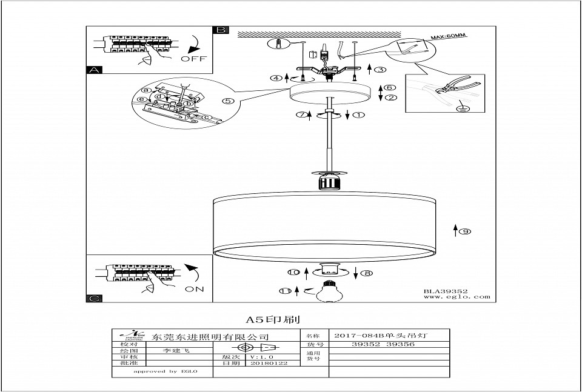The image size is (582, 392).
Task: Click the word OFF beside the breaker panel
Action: point(193,59)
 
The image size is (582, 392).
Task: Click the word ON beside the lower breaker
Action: point(194,289)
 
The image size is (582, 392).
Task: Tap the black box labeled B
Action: point(221,30)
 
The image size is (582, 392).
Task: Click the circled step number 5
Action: point(228,101)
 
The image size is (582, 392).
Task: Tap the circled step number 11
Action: point(285,291)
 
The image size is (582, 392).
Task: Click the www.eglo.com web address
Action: point(457,297)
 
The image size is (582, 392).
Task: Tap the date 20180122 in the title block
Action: point(269,363)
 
